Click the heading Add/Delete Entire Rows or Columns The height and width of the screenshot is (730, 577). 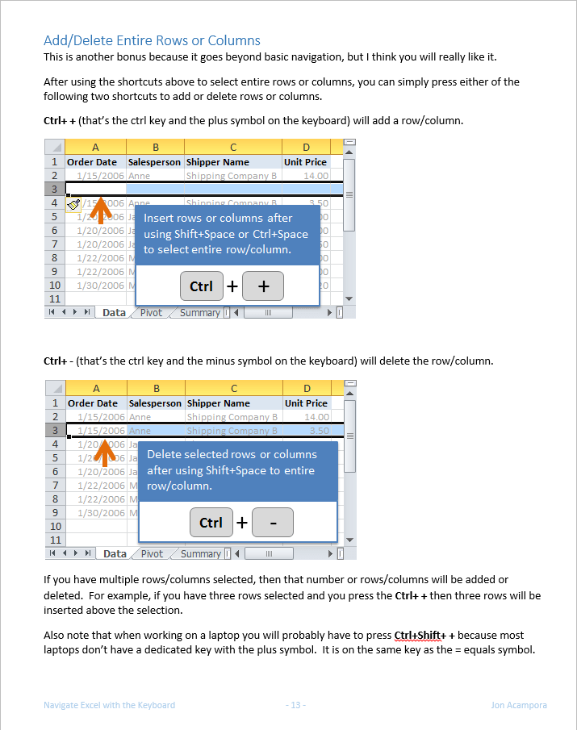click(152, 40)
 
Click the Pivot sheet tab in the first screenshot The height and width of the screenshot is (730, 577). click(151, 313)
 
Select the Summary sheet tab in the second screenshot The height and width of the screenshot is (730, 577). click(200, 554)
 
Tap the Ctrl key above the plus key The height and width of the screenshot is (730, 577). click(201, 286)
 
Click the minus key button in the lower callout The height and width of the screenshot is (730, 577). click(273, 523)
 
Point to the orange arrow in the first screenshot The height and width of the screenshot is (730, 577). click(100, 209)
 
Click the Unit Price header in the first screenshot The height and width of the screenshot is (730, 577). click(305, 162)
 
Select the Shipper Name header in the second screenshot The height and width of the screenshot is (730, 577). click(218, 403)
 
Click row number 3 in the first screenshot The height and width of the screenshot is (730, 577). click(54, 190)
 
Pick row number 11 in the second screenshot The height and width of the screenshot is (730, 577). click(55, 540)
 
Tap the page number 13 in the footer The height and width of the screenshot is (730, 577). click(296, 705)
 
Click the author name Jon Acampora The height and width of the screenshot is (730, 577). click(519, 705)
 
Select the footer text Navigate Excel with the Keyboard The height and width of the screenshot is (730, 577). click(109, 705)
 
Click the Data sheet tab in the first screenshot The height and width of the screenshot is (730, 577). click(114, 313)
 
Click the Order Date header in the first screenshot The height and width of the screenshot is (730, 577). click(92, 162)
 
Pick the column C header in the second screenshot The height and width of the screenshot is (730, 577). click(233, 388)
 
